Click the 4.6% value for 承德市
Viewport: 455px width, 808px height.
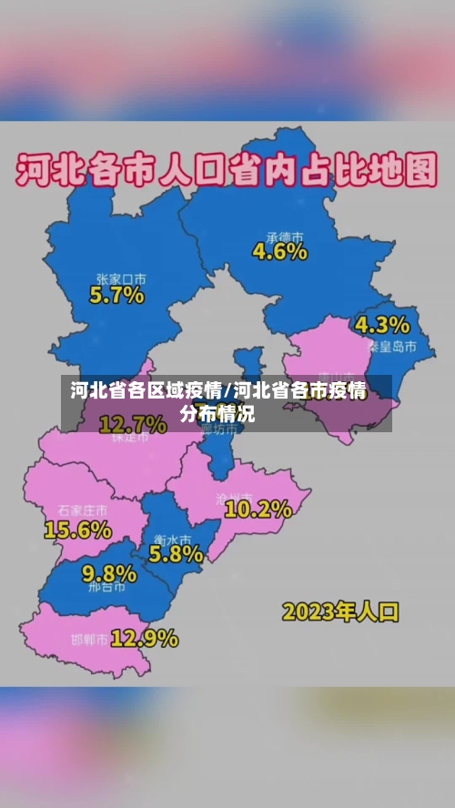[279, 252]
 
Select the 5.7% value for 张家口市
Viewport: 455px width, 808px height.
[116, 295]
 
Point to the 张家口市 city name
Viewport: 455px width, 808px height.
[122, 278]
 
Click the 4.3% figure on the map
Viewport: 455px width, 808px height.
[382, 325]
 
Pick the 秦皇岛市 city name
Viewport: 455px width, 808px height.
[392, 347]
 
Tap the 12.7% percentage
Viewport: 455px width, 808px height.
[132, 423]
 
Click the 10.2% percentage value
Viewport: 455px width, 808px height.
[258, 510]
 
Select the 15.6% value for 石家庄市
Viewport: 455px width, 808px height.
[77, 528]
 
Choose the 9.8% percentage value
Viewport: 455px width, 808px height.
[109, 573]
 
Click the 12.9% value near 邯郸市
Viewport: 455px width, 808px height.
[145, 639]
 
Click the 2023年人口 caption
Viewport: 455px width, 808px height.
[340, 611]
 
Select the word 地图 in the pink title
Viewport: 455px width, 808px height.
[406, 171]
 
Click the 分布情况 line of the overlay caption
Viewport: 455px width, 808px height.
[217, 414]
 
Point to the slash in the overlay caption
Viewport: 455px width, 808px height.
[227, 392]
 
